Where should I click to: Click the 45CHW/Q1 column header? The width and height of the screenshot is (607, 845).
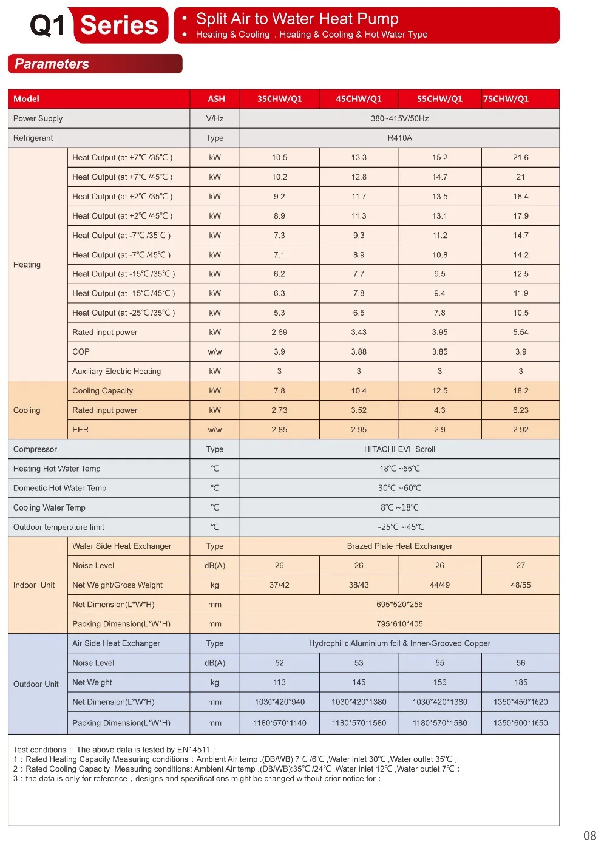pos(359,99)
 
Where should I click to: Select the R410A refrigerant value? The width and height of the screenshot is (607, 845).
pos(399,138)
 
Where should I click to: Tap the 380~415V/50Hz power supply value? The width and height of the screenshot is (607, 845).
pos(399,118)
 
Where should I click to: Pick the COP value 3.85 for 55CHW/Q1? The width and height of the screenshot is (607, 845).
pos(439,351)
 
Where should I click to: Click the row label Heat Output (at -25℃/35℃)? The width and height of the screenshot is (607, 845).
pos(123,313)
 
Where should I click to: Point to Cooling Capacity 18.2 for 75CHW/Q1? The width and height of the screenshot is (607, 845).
pos(520,390)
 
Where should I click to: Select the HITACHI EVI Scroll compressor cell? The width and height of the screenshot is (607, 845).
pos(399,449)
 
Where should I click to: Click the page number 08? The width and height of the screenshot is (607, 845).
pos(589,835)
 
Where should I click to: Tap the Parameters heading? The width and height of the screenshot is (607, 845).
pos(52,64)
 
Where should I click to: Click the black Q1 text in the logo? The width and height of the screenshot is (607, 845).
pos(47,25)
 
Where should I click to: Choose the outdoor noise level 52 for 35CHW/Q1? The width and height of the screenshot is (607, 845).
pos(279,663)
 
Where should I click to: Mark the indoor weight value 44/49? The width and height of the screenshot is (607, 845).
pos(439,585)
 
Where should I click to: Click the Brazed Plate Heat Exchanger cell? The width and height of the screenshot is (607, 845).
pos(399,546)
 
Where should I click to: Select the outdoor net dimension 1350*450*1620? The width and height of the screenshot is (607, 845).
pos(520,702)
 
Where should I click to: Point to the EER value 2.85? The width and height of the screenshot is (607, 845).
pos(279,429)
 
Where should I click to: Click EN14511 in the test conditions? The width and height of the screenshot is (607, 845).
pos(193,750)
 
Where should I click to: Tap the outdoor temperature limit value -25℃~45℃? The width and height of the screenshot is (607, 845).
pos(399,527)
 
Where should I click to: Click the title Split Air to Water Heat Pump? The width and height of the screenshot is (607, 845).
pos(297,19)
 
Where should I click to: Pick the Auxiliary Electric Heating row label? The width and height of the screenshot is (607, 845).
pos(117,371)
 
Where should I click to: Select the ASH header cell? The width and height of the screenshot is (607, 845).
pos(216,99)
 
